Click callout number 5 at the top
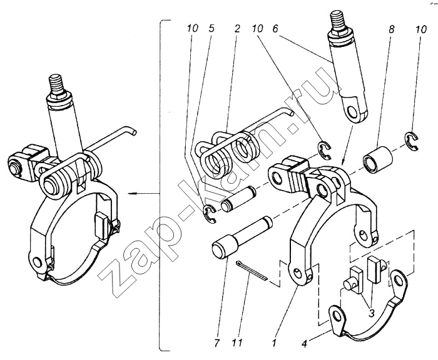(x=211, y=29)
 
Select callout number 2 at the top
(x=237, y=29)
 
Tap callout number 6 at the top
(x=275, y=29)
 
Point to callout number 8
(x=391, y=29)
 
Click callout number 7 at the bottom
(x=217, y=342)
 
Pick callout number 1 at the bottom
(x=275, y=342)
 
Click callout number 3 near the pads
(x=371, y=313)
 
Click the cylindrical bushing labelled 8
(x=378, y=159)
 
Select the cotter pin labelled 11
(x=252, y=271)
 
